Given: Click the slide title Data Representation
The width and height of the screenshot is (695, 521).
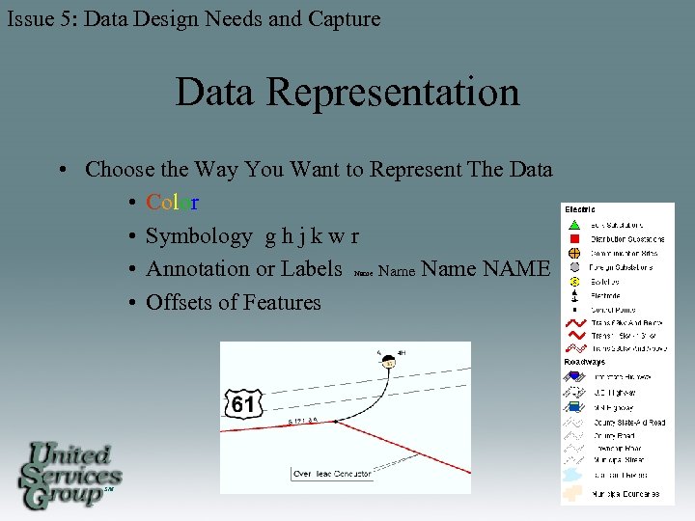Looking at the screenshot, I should pyautogui.click(x=347, y=93).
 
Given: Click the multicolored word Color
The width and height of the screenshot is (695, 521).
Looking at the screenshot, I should pyautogui.click(x=173, y=203).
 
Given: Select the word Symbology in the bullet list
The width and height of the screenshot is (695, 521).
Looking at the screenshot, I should pyautogui.click(x=199, y=236).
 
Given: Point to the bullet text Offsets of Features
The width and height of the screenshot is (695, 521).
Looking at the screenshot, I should pyautogui.click(x=233, y=302).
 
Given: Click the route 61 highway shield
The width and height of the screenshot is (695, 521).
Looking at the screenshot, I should pyautogui.click(x=243, y=403).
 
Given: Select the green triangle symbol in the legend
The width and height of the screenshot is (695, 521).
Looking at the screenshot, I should pyautogui.click(x=574, y=225).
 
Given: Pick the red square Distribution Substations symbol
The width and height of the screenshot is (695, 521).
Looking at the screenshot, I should pyautogui.click(x=574, y=238).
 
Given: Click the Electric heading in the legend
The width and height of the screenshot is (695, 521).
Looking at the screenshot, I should pyautogui.click(x=580, y=209).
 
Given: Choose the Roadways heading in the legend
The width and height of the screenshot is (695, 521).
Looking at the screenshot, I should pyautogui.click(x=585, y=363).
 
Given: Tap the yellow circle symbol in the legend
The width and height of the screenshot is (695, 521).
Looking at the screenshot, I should pyautogui.click(x=574, y=281).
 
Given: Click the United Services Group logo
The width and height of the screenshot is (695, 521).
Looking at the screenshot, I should pyautogui.click(x=69, y=475).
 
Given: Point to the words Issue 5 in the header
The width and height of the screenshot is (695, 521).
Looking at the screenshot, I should pyautogui.click(x=41, y=18).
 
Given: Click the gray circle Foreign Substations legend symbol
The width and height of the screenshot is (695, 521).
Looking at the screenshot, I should pyautogui.click(x=574, y=266).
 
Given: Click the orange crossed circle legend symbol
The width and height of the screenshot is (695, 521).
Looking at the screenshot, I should pyautogui.click(x=574, y=253).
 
